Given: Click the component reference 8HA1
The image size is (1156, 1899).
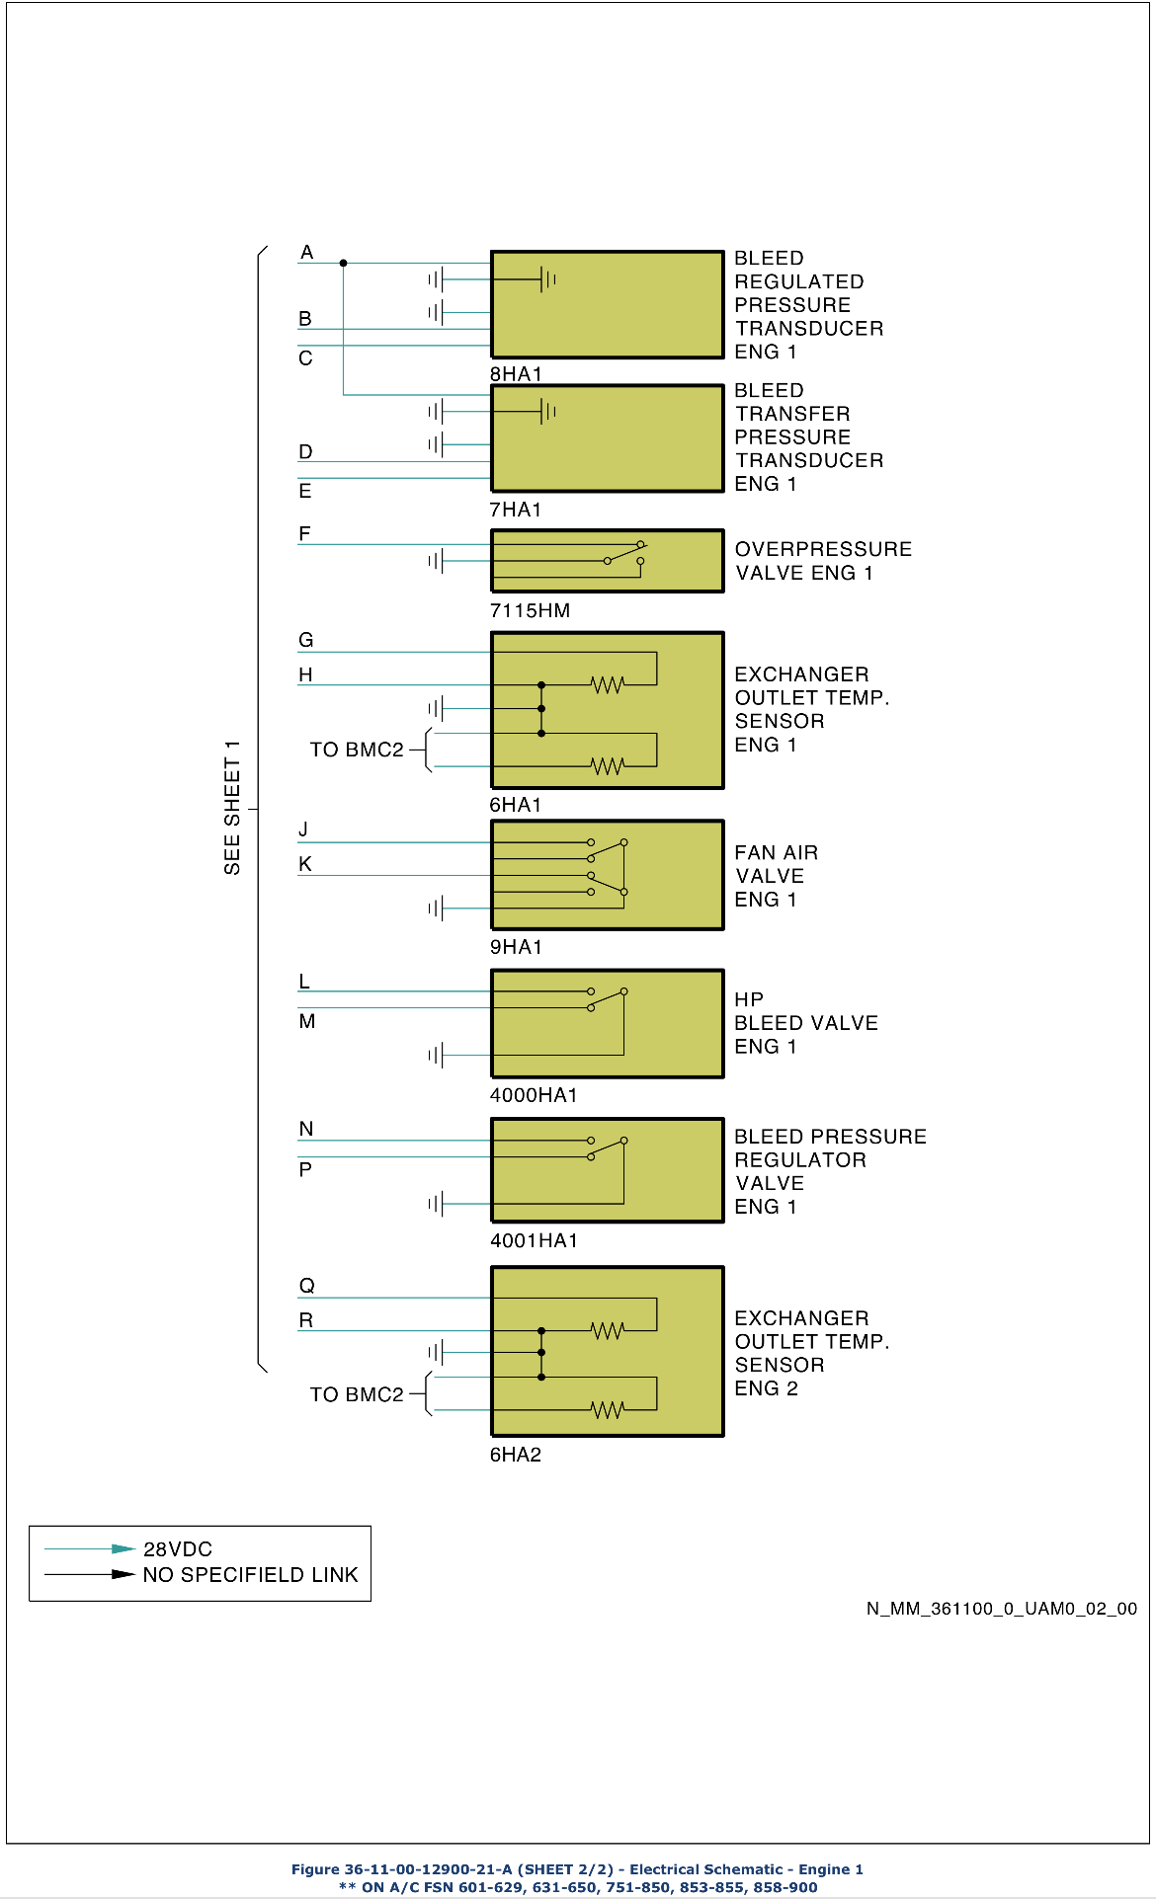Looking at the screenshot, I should tap(516, 374).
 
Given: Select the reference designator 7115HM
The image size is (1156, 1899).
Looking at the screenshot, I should tap(530, 610).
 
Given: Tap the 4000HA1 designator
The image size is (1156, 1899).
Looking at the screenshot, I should tap(534, 1095).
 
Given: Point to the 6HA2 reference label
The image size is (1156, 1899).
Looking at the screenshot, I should tap(516, 1455).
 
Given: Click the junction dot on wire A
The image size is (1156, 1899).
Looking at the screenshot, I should tap(343, 263).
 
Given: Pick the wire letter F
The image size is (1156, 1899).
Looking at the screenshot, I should tap(304, 534).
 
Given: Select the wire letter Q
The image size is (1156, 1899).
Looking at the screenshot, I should tap(307, 1286).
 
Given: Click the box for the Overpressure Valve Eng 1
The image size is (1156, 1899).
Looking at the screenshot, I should tap(607, 561).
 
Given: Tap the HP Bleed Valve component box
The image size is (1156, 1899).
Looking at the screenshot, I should tap(607, 1023).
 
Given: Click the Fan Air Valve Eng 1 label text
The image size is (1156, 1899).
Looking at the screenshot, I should tap(776, 876).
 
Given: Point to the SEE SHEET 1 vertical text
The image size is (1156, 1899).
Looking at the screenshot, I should tap(232, 807).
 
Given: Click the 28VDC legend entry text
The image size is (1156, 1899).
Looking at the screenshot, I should tap(178, 1549).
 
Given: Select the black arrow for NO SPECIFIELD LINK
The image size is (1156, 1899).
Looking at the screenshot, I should tap(123, 1574).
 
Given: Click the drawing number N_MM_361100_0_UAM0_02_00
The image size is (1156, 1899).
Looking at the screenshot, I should tap(1001, 1609).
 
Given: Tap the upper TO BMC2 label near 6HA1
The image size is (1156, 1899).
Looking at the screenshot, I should tap(357, 750).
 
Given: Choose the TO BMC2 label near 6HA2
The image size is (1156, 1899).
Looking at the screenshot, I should tap(357, 1394).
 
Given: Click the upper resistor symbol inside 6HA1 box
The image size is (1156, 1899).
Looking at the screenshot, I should tap(608, 684).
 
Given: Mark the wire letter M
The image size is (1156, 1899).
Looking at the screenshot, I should tap(307, 1021).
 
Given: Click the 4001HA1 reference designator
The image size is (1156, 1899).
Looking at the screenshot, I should tap(534, 1240).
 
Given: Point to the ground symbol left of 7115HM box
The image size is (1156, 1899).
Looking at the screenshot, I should tap(436, 561).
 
